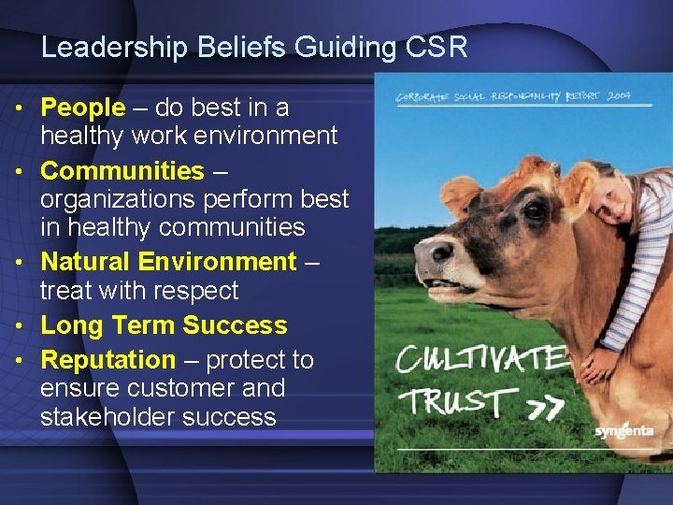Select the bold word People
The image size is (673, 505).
82,108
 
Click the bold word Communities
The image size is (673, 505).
122,171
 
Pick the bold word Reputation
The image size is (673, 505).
107,360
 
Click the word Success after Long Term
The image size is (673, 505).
235,325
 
